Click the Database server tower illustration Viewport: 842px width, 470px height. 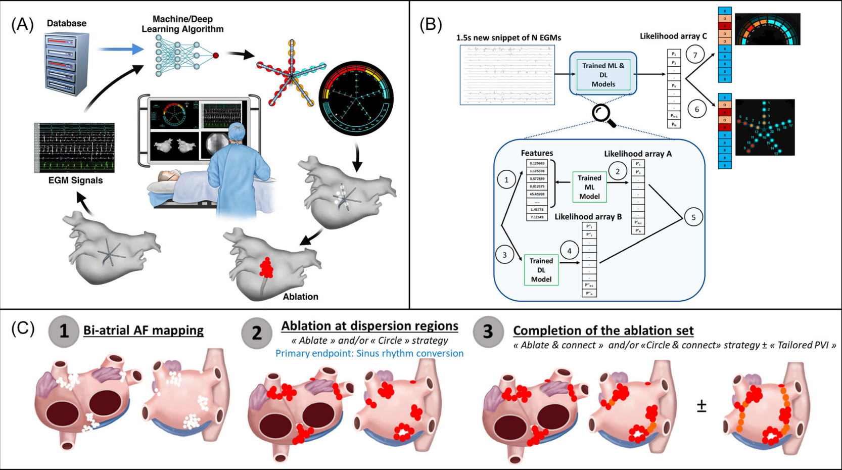(x=67, y=63)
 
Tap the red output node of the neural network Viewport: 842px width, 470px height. (x=216, y=55)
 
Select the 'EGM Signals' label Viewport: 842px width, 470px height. (x=75, y=180)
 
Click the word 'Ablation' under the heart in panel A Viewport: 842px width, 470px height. (x=300, y=297)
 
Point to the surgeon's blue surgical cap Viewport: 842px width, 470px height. (x=236, y=132)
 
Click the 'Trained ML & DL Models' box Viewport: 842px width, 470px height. (x=603, y=74)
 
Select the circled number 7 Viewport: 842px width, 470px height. (x=695, y=55)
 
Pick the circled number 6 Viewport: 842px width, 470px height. (x=697, y=109)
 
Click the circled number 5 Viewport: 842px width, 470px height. (x=693, y=217)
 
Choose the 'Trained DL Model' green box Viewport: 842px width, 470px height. (x=541, y=270)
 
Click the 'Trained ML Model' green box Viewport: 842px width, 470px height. (x=589, y=187)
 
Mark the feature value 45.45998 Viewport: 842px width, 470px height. (x=537, y=194)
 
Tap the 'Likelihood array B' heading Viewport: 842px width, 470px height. (x=588, y=217)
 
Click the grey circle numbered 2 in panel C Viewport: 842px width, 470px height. (x=257, y=333)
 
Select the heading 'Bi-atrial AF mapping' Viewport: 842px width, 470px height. (x=144, y=331)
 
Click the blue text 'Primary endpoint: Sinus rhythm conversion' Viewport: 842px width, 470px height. (x=369, y=353)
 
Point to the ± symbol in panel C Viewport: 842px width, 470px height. (x=701, y=406)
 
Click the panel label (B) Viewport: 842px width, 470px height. (x=431, y=24)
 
